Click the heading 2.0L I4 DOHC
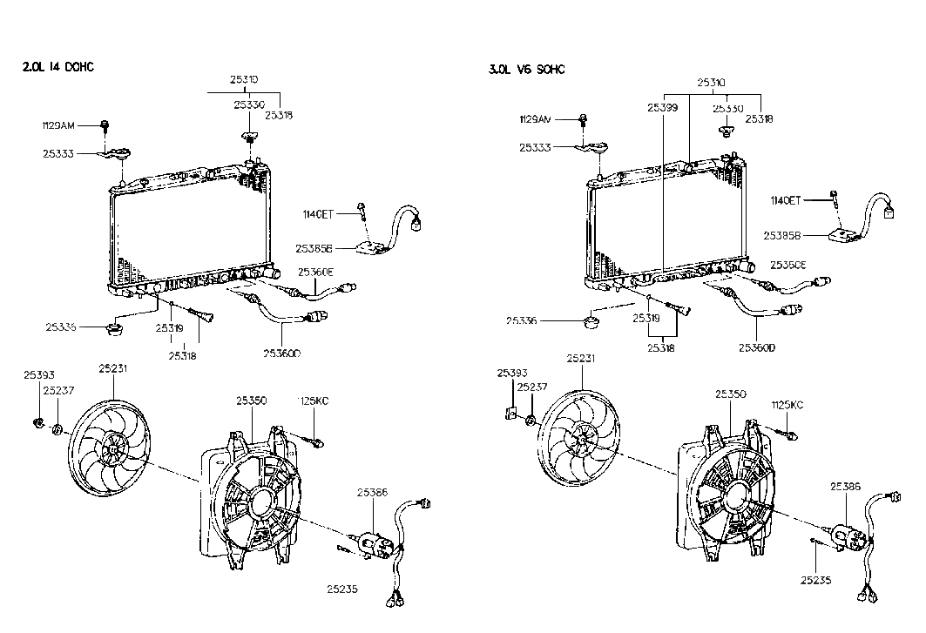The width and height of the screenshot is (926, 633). coord(57,68)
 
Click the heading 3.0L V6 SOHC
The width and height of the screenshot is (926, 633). coord(526,70)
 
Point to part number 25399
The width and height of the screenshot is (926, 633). coord(662,109)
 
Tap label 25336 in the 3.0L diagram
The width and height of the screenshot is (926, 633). coord(523,321)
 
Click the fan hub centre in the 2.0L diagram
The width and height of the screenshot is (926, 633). coord(111,448)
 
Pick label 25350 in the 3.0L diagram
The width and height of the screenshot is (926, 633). coord(732,394)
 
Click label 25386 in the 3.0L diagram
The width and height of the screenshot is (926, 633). coord(846,488)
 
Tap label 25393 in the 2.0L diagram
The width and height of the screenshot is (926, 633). coord(39,375)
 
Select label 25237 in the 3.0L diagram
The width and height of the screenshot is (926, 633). coord(531,387)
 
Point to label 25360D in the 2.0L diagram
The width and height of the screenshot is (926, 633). coord(281,354)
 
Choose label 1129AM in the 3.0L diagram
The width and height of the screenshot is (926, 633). coord(535,118)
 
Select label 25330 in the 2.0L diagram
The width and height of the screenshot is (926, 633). coord(249,104)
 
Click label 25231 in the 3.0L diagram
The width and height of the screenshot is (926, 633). coord(581,358)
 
